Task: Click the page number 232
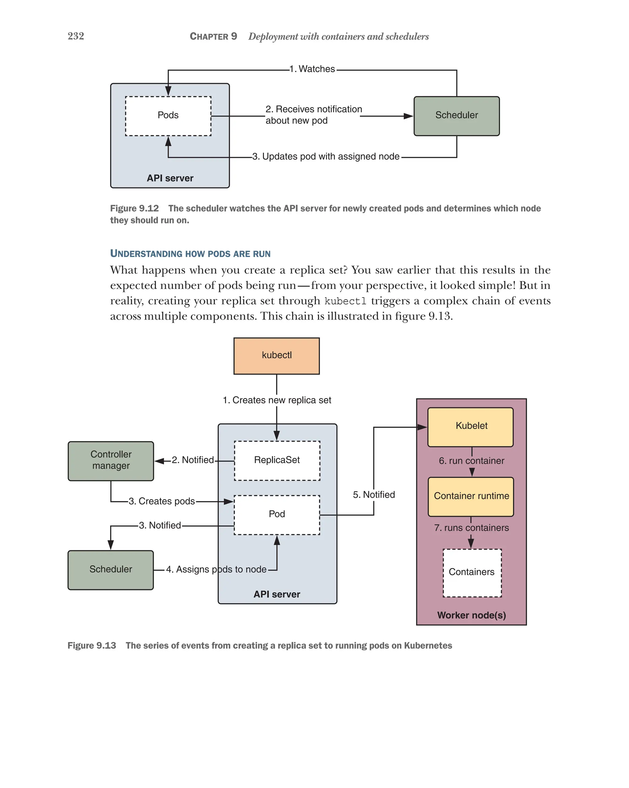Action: click(76, 36)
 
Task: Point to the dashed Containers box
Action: click(472, 572)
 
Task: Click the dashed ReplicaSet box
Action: click(277, 460)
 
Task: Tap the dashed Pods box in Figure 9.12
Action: click(168, 116)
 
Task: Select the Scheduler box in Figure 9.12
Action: click(456, 116)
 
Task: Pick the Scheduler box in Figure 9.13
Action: click(111, 569)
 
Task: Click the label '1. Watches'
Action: click(312, 69)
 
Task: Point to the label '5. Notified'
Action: click(373, 494)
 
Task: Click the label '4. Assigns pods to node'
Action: click(216, 569)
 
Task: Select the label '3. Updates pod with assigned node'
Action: click(326, 156)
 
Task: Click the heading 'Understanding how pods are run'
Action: click(190, 253)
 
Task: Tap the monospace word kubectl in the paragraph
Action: click(345, 301)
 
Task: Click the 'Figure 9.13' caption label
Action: click(92, 645)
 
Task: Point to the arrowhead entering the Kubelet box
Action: click(422, 427)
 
